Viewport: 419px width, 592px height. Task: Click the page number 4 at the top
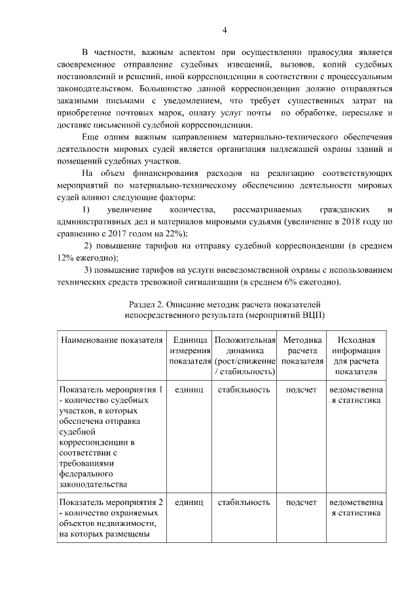coord(225,30)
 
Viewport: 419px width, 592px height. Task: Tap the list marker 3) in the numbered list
coord(90,270)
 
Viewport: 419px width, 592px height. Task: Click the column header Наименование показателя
coord(111,341)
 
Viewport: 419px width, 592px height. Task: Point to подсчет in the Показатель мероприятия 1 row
coord(302,390)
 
